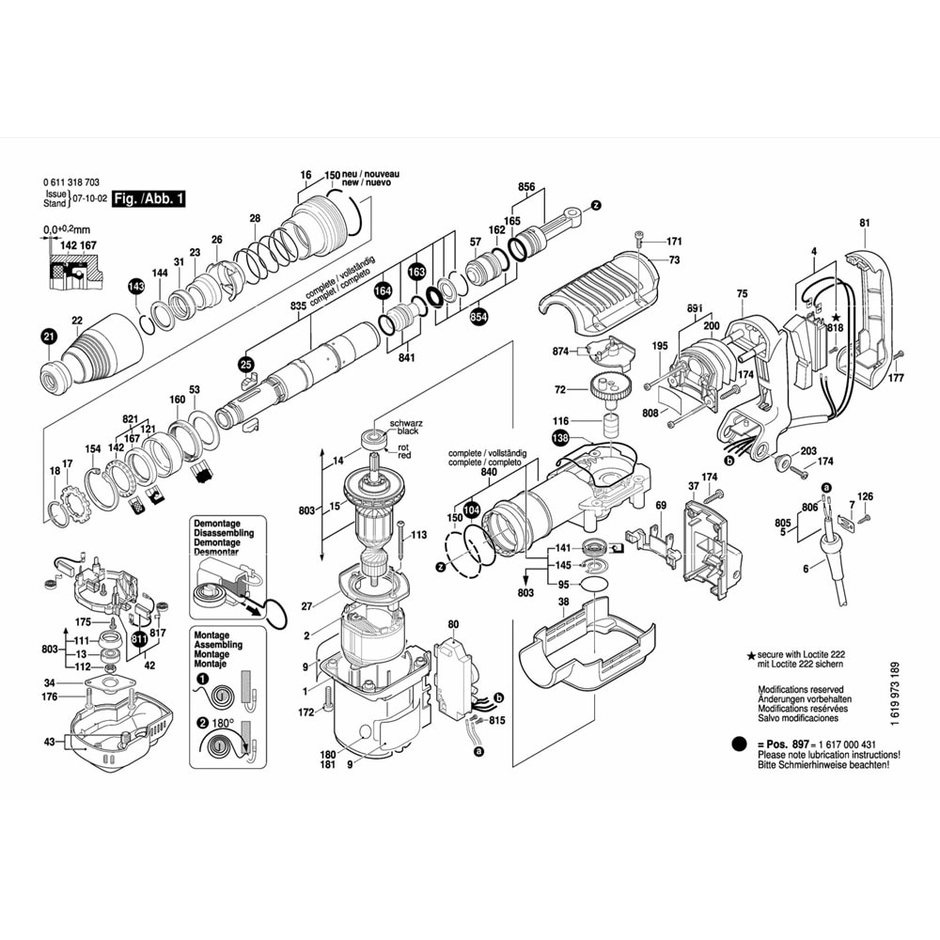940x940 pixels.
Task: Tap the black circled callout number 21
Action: click(48, 335)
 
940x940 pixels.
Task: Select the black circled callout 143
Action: click(136, 286)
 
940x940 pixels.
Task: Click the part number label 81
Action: click(864, 223)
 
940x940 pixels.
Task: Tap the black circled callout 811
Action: click(140, 641)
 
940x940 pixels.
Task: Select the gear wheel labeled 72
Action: click(610, 385)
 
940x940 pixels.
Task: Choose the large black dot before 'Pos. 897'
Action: click(738, 744)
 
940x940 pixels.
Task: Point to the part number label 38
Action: click(564, 601)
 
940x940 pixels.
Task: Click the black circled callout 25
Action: click(246, 363)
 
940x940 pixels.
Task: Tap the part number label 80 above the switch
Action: click(453, 624)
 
